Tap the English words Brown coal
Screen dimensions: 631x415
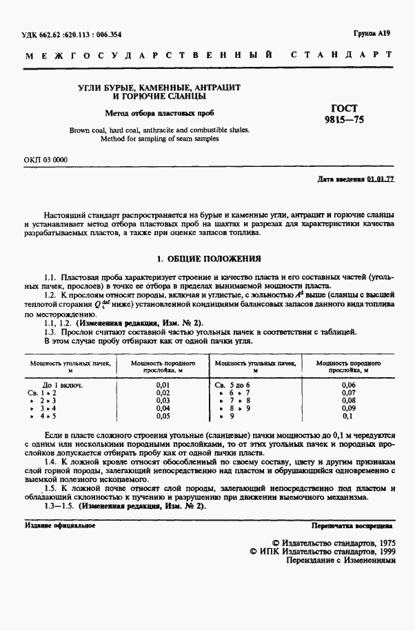pyautogui.click(x=90, y=130)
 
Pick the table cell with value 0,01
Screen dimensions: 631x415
pyautogui.click(x=163, y=384)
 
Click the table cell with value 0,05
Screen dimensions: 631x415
pyautogui.click(x=163, y=416)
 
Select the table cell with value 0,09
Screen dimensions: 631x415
pyautogui.click(x=348, y=408)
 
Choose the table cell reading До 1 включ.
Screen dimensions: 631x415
pyautogui.click(x=63, y=384)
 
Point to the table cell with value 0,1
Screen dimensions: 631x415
pyautogui.click(x=348, y=416)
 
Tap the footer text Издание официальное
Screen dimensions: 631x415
pyautogui.click(x=60, y=525)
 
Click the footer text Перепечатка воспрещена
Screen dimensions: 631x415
pyautogui.click(x=353, y=525)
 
